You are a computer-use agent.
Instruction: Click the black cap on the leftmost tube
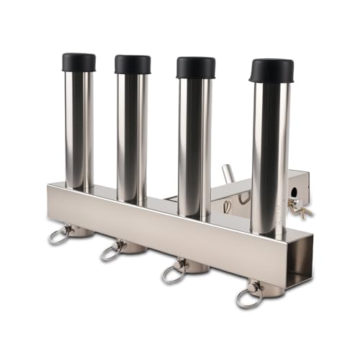[x=78, y=62]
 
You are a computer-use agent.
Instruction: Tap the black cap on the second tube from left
[x=132, y=64]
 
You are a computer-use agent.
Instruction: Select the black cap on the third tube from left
[x=195, y=67]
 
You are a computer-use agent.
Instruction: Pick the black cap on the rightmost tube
[x=271, y=70]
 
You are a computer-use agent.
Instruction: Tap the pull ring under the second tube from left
[x=112, y=250]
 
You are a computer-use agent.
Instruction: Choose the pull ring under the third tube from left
[x=174, y=272]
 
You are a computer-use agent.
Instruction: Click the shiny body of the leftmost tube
[x=78, y=130]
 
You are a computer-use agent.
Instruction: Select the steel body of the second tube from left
[x=132, y=137]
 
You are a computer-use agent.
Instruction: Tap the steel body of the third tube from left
[x=195, y=144]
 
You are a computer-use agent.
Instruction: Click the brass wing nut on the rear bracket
[x=300, y=209]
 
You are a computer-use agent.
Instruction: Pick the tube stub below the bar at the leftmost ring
[x=81, y=231]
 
